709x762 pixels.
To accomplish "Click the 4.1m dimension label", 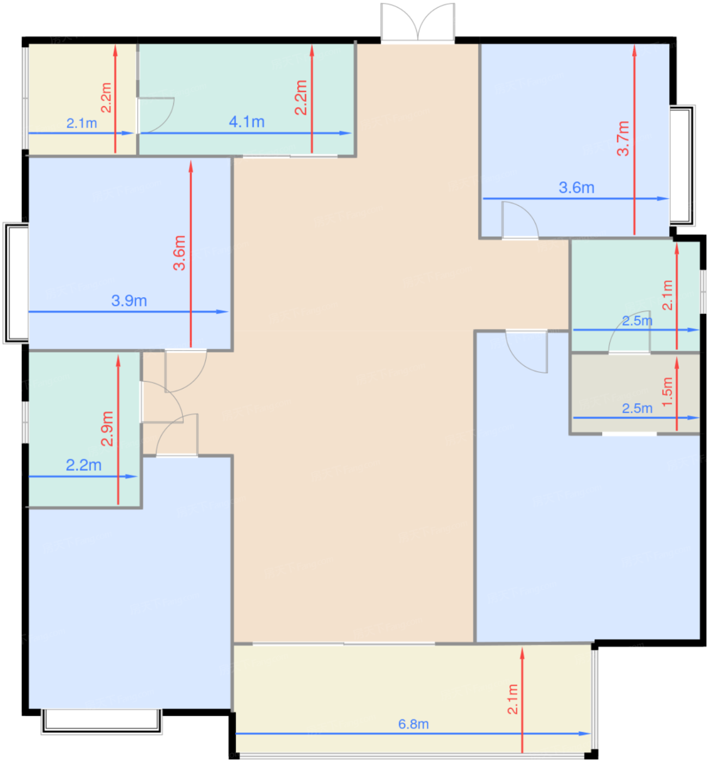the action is point(247,122).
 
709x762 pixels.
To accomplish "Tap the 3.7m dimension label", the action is point(623,138).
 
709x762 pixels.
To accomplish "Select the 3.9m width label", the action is point(129,300).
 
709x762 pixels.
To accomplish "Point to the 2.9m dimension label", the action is point(107,428).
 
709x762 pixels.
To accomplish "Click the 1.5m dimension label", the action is point(668,392).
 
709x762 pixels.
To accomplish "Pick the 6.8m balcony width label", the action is point(413,724).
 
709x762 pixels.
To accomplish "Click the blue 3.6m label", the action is point(577,188).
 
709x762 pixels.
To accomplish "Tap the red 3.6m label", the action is point(179,253).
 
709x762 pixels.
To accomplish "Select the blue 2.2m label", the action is point(84,465).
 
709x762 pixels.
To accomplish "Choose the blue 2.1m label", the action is point(82,123).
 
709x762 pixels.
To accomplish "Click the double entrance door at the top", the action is point(418,22).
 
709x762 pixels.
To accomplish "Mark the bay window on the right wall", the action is point(682,165).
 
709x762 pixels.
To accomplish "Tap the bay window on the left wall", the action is point(16,283).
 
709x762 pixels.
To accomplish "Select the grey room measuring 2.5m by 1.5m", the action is point(635,394).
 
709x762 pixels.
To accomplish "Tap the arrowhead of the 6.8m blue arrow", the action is point(585,734).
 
